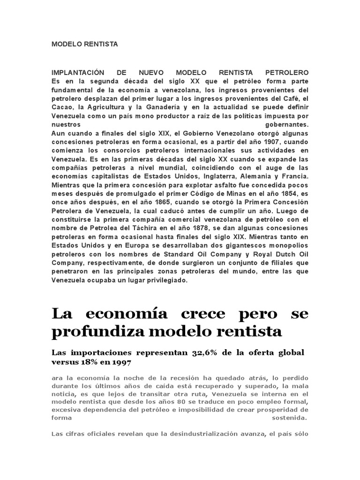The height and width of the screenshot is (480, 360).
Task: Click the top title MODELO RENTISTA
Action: point(85,45)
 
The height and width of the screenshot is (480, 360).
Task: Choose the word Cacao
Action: point(62,107)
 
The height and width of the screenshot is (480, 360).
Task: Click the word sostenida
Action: point(290,417)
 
